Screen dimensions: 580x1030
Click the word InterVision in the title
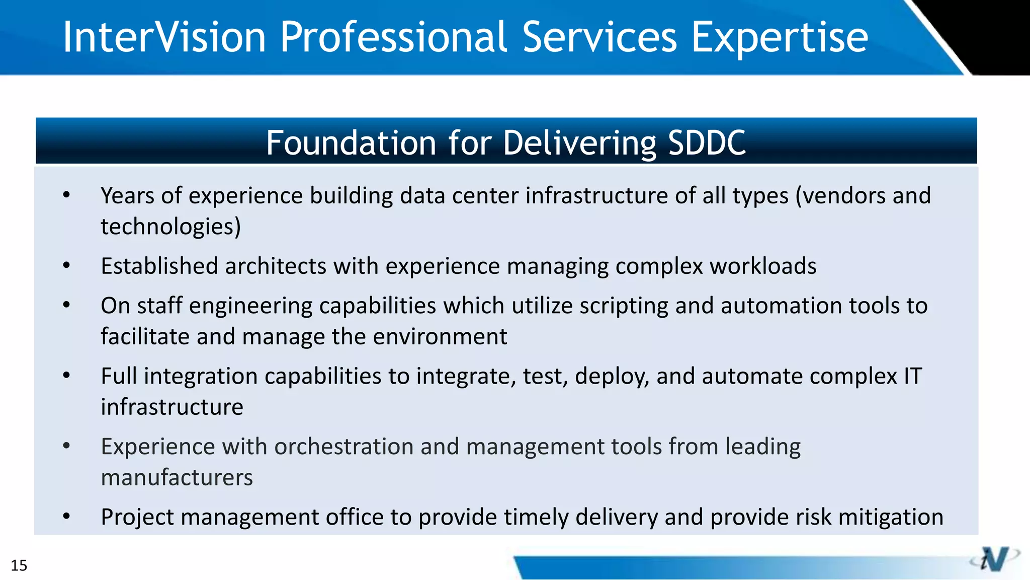[164, 37]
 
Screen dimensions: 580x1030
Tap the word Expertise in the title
[780, 38]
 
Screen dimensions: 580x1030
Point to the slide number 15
[19, 565]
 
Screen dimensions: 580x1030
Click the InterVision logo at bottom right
[994, 559]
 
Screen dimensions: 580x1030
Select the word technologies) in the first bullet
[170, 227]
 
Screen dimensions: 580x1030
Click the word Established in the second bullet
[159, 266]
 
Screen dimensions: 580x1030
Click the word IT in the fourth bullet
[912, 376]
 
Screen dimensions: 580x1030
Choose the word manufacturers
[177, 477]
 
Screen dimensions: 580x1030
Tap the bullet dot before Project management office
[66, 516]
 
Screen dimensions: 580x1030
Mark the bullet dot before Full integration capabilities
[66, 375]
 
